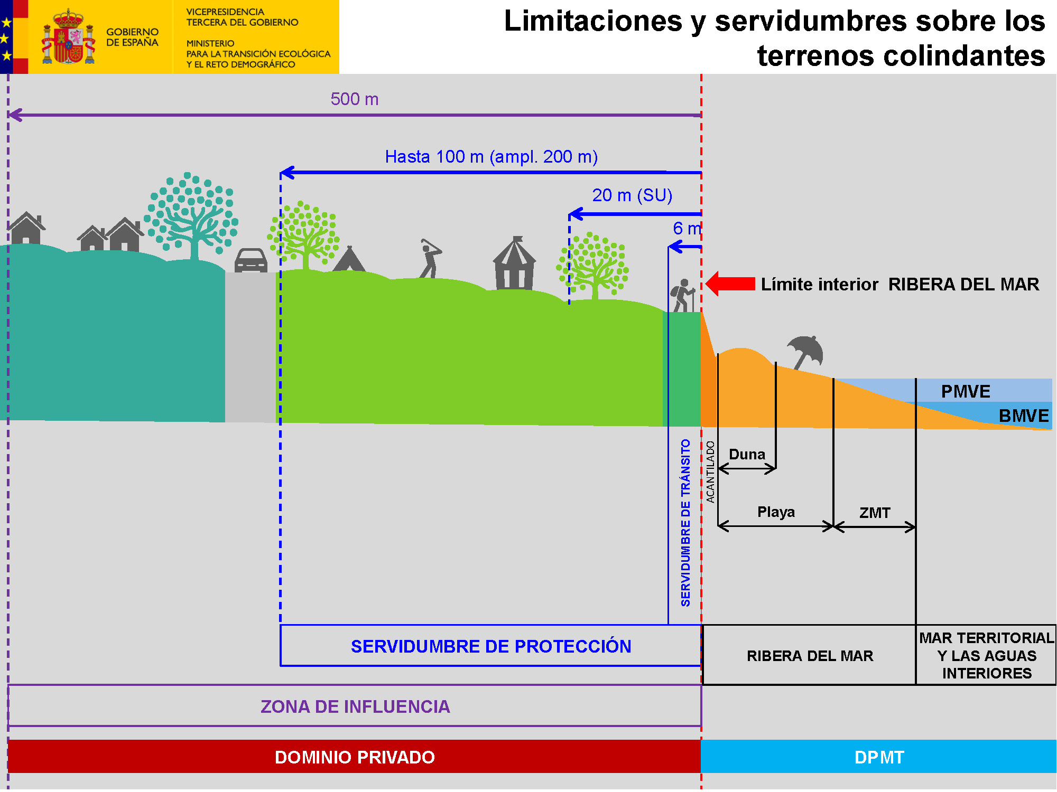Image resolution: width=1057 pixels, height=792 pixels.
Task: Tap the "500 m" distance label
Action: coord(354,99)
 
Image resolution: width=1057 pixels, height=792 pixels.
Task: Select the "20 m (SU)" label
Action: coord(632,195)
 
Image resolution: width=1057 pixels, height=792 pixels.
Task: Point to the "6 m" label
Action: coord(686,228)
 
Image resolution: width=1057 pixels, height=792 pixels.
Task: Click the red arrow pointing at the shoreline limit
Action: coord(730,284)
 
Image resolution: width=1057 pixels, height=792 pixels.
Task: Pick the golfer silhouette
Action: coord(430,259)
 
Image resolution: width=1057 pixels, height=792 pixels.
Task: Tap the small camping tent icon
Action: coord(349,259)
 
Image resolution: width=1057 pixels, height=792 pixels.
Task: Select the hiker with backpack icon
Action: coord(682,296)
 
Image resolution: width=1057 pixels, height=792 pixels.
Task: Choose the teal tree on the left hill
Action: coord(191,216)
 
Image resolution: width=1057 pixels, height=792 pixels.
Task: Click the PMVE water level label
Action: coord(966,391)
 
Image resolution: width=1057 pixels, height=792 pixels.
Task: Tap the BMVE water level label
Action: coord(1023,416)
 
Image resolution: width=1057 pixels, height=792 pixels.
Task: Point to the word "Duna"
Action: coord(747,454)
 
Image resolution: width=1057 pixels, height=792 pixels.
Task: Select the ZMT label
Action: coord(875,513)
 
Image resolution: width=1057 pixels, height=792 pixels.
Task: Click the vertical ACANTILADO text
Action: coord(710,472)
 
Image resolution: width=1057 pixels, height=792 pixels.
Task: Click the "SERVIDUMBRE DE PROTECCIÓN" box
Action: coord(490,646)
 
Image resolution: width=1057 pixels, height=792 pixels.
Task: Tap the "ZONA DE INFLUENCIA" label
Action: coord(355,706)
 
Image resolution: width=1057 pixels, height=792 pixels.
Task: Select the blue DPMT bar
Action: coord(878,757)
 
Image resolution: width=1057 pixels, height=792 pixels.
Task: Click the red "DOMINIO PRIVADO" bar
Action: coord(354,757)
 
